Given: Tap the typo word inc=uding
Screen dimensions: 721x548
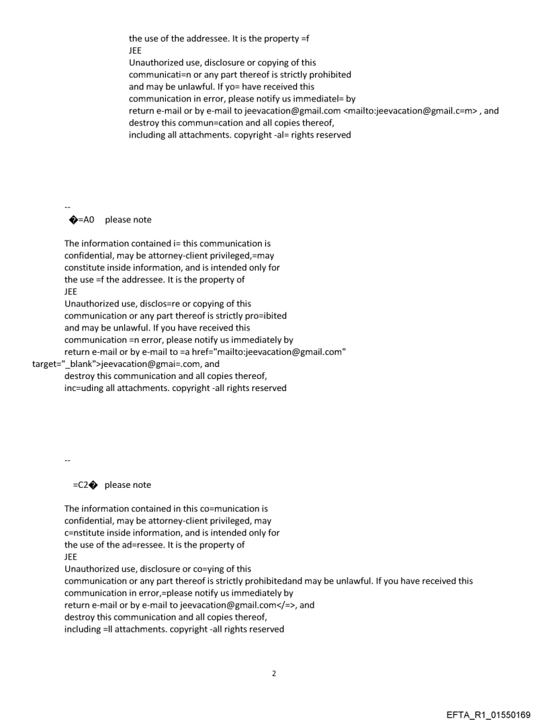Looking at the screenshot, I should pos(84,388).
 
